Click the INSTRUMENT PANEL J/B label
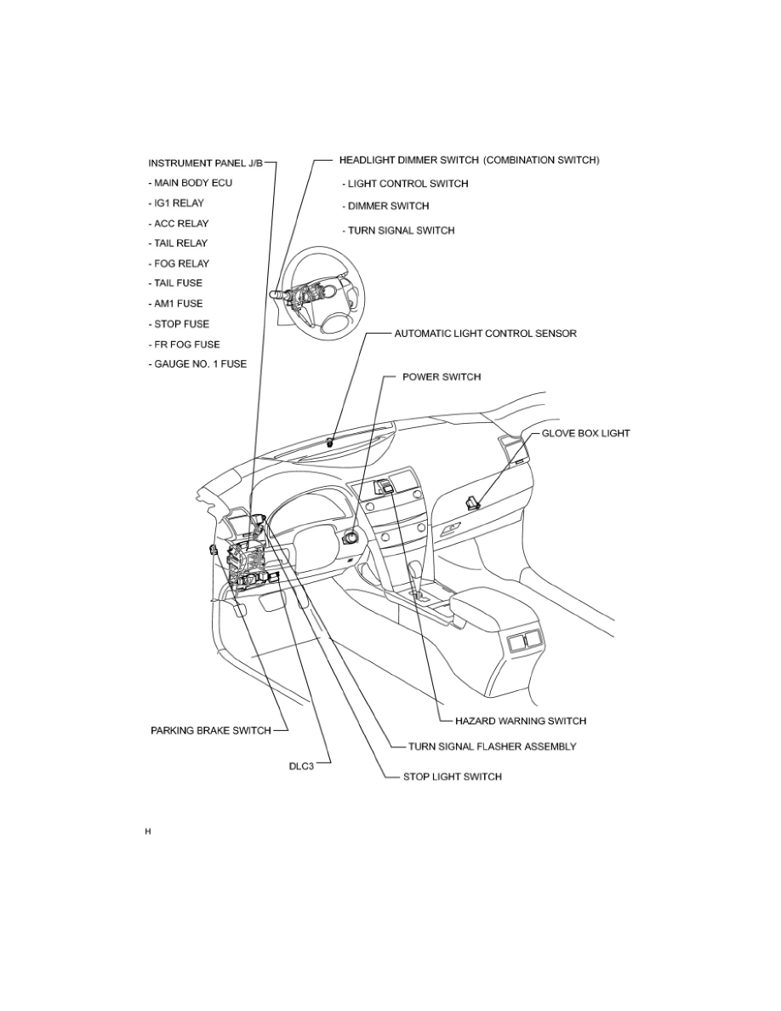coord(206,163)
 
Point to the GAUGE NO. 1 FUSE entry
coord(197,364)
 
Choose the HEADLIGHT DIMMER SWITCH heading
coord(470,160)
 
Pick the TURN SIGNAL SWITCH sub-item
coord(398,231)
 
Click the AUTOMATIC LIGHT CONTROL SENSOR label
coord(485,334)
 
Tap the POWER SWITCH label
coord(441,376)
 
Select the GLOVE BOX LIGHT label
coord(586,433)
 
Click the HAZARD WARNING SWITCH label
coord(515,721)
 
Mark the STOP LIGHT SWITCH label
coord(452,776)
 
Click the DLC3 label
coord(302,764)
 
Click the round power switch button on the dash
coord(349,538)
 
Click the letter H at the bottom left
coord(147,831)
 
